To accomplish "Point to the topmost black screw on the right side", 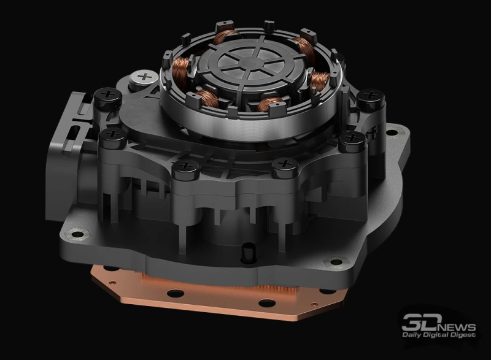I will click(x=370, y=95).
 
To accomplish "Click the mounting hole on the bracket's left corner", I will click(x=77, y=232).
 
